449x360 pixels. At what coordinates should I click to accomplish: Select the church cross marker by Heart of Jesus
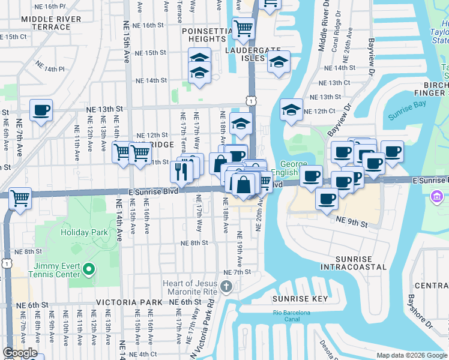[x=226, y=287]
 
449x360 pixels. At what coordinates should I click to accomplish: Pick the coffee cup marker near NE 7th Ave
[x=41, y=110]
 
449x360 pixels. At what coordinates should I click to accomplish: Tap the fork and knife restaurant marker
[x=181, y=172]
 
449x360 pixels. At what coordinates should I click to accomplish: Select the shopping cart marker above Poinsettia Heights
[x=243, y=28]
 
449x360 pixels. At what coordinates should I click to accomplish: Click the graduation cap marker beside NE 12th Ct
[x=291, y=110]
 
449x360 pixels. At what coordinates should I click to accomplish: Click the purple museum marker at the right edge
[x=437, y=196]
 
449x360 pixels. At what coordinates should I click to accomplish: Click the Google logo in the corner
[x=20, y=353]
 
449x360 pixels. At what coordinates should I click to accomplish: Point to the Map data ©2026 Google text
[x=411, y=355]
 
